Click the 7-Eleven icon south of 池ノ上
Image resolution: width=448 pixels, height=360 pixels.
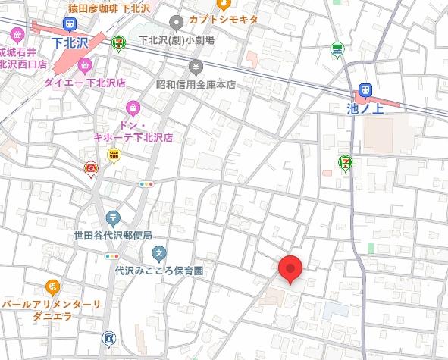(345, 163)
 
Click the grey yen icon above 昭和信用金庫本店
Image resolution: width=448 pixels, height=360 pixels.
(197, 67)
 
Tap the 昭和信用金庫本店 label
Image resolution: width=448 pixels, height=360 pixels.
(196, 85)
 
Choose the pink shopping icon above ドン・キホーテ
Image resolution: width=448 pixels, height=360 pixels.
(133, 107)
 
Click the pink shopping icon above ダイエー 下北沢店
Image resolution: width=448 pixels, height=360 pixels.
(85, 65)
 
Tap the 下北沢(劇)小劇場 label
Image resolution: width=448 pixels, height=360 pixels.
(177, 40)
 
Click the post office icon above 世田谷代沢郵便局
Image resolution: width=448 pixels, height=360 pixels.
(113, 218)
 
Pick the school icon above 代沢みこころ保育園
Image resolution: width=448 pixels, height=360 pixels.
(158, 252)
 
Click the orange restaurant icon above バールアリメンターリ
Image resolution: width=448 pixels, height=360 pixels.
(52, 286)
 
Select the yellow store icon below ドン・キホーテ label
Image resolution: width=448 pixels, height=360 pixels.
(114, 155)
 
